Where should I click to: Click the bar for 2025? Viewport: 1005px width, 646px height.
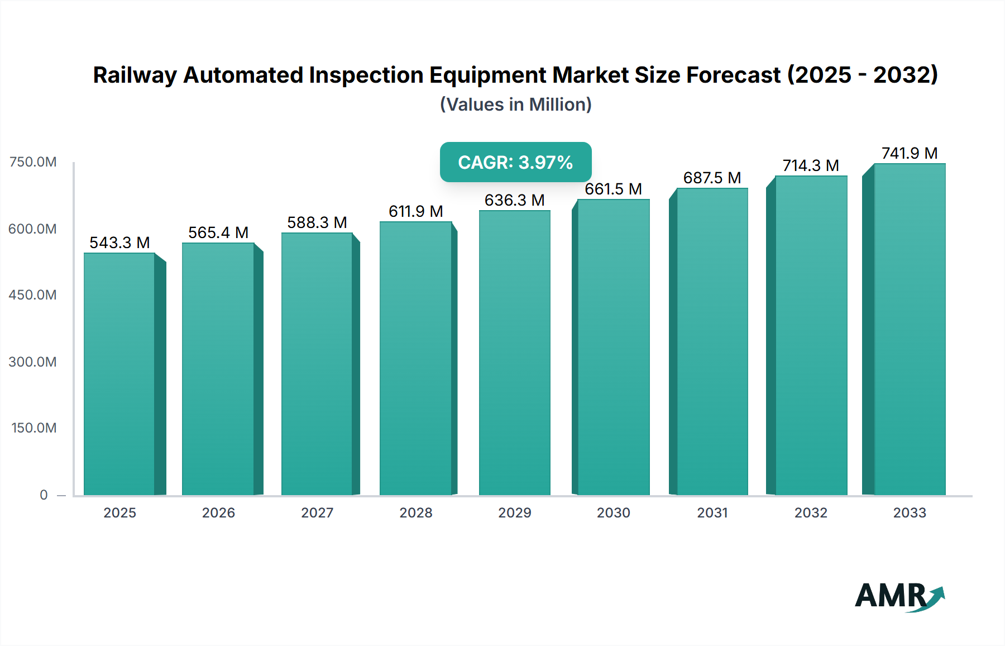119,374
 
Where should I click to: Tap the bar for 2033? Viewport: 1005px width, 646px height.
910,330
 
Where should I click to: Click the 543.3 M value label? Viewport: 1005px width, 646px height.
119,243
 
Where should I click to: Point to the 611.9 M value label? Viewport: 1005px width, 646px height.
416,211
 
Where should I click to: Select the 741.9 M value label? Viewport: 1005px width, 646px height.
910,153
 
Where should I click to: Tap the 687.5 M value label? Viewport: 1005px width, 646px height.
712,178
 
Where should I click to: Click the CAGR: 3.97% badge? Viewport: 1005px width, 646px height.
515,162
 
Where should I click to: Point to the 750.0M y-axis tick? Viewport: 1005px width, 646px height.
32,162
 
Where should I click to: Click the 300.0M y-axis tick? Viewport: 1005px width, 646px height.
32,362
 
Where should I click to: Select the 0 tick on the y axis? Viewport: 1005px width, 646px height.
44,495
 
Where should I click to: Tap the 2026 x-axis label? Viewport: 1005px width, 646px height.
218,512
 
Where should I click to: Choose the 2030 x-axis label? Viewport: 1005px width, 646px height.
614,512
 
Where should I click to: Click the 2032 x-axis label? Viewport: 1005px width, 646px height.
811,512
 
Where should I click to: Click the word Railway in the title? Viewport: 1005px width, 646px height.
135,75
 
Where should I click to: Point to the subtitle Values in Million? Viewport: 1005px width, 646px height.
515,104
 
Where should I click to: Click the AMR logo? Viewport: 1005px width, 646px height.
899,596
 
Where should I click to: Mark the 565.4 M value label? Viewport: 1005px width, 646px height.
218,232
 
